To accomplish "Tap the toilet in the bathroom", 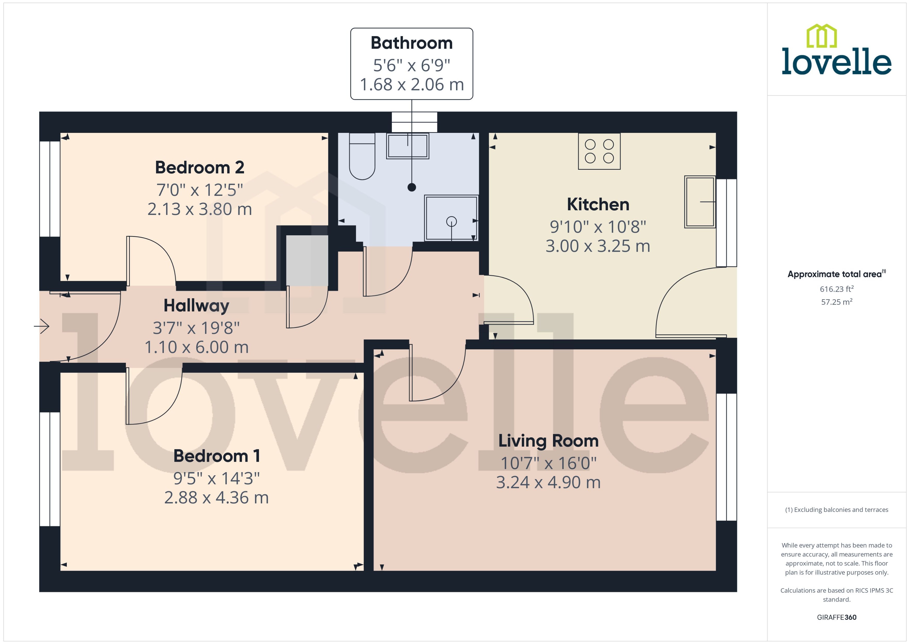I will pos(362,159).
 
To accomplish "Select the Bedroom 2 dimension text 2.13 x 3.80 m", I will pos(199,209).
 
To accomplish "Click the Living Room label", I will pos(548,441).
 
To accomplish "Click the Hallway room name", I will pos(196,306).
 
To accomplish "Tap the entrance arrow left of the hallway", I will pos(42,326).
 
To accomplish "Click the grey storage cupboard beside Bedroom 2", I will pos(307,261).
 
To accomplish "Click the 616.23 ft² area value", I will pos(836,289).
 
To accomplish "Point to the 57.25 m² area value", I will pos(836,302).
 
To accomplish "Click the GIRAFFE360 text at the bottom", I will pos(836,617).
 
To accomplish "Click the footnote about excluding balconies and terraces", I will pos(836,510).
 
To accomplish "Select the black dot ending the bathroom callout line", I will pos(412,187).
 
